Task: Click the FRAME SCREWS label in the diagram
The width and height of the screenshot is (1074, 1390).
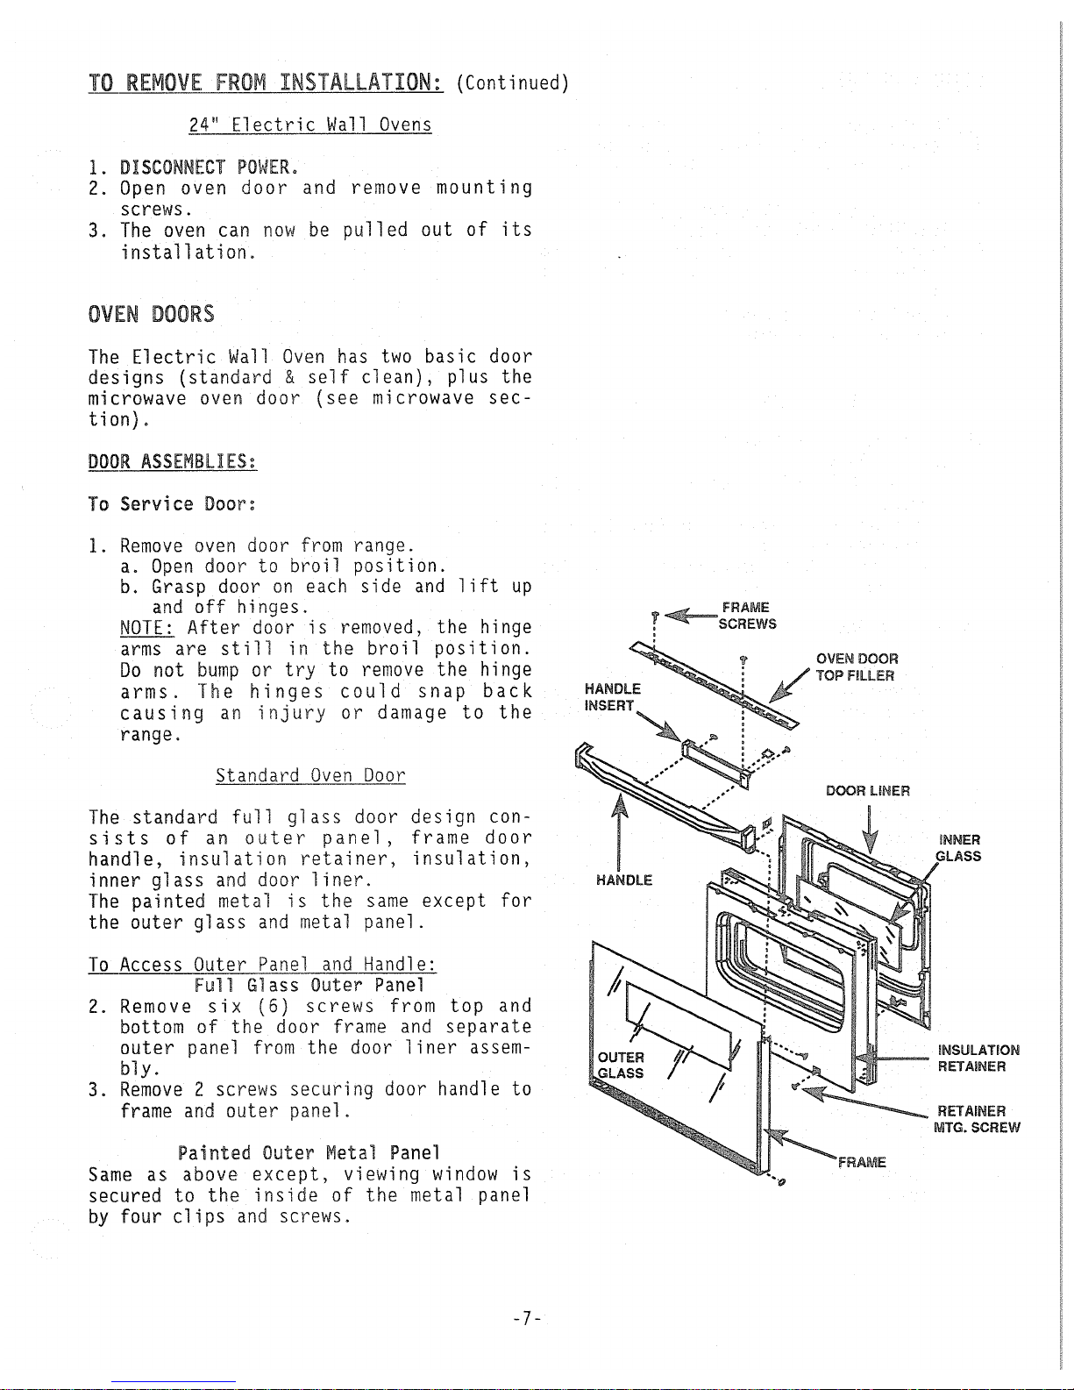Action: (x=746, y=616)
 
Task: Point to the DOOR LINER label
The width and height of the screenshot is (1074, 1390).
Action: (x=868, y=791)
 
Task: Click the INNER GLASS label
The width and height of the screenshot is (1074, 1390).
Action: (x=958, y=848)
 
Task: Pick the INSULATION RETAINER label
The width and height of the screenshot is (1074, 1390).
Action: (x=978, y=1059)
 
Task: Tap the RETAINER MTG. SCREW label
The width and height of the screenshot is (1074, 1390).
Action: (x=978, y=1120)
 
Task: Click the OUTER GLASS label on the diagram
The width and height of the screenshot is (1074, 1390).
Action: (x=621, y=1065)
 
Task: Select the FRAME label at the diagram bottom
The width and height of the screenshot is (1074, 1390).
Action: (x=862, y=1163)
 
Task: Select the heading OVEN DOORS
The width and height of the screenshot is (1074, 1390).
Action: (x=151, y=314)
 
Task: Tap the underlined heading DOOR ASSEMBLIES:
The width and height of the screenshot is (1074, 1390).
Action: (x=173, y=462)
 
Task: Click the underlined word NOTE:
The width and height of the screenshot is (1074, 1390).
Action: (x=147, y=628)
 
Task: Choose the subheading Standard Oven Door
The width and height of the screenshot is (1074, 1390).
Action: (x=310, y=776)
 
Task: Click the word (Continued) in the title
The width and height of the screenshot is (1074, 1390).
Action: (x=514, y=83)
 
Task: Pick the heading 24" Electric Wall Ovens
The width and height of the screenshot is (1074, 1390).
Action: (x=310, y=125)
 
